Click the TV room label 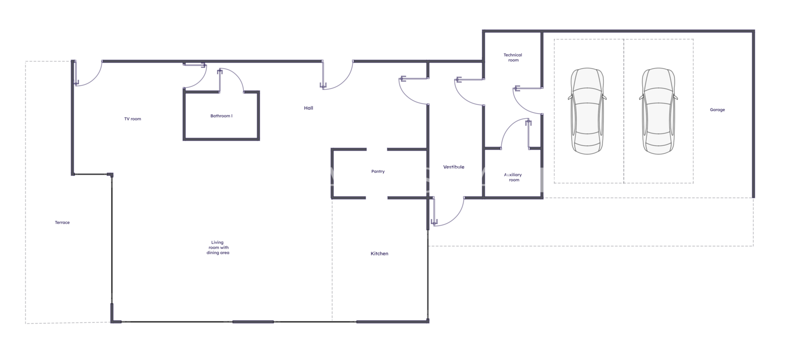132,119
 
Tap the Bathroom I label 221,116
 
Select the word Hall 308,108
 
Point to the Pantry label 378,171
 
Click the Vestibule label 454,167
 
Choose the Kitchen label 379,253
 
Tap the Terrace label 62,223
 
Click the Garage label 717,110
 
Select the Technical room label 513,57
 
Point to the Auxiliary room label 513,177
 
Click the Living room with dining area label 218,247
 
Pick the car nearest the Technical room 587,111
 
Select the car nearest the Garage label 658,111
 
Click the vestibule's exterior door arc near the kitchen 456,219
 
